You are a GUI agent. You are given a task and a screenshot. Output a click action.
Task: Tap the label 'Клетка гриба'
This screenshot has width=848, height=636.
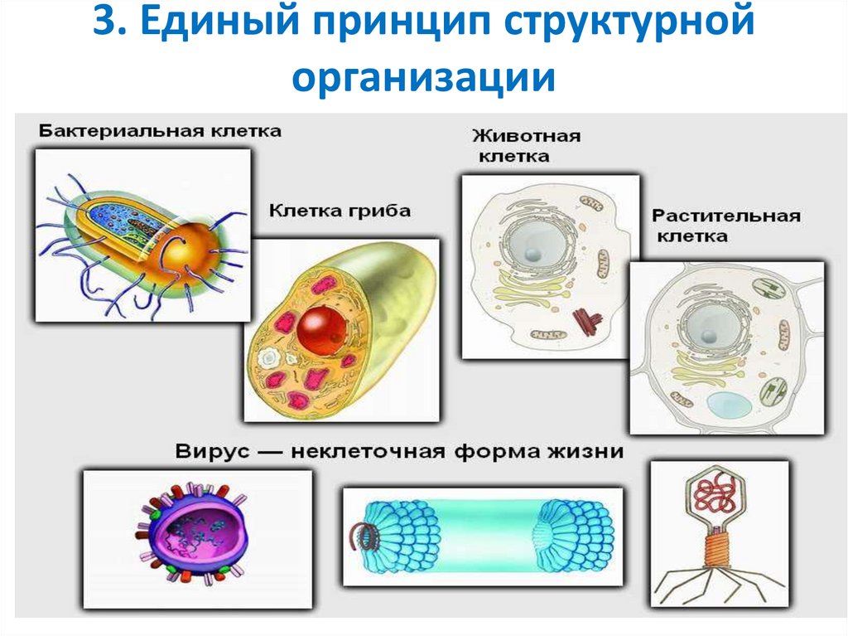coord(339,211)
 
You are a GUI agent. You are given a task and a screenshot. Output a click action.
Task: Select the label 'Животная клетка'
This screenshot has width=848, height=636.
coord(526,145)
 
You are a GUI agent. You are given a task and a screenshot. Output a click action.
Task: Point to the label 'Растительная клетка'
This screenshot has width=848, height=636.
coord(725,226)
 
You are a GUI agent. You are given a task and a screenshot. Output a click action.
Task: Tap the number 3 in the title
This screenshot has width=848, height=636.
coord(104,24)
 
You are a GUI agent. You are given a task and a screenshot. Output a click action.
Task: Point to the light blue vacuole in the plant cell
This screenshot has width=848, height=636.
coord(730,405)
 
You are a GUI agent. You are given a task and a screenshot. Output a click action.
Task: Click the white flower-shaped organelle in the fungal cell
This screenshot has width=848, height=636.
coord(269,359)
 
